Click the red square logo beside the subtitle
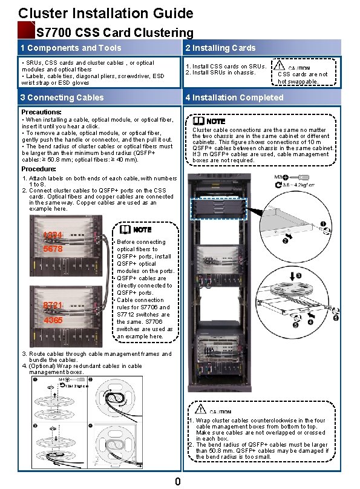pyautogui.click(x=26, y=30)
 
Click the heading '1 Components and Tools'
pyautogui.click(x=70, y=48)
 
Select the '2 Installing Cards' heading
pyautogui.click(x=220, y=48)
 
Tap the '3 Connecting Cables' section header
pyautogui.click(x=62, y=97)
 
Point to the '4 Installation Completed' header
pyautogui.click(x=234, y=97)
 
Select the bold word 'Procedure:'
pyautogui.click(x=39, y=169)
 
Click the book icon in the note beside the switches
pyautogui.click(x=125, y=230)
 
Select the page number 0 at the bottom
pyautogui.click(x=177, y=482)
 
